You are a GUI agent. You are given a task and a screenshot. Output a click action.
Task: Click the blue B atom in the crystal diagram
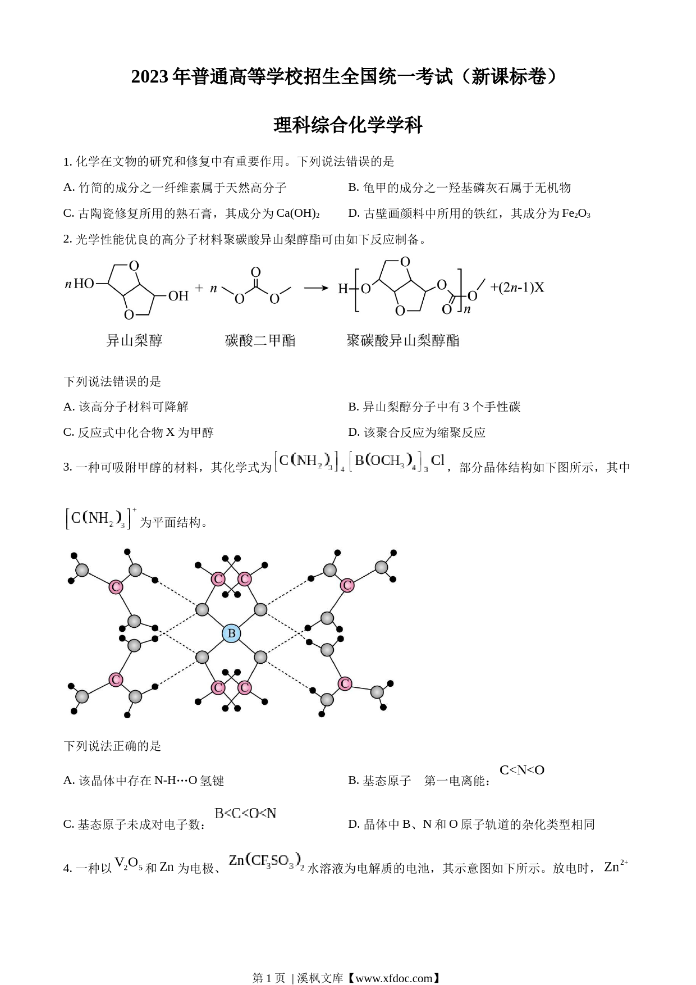point(231,633)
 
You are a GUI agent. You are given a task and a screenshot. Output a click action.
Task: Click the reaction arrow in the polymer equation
point(316,288)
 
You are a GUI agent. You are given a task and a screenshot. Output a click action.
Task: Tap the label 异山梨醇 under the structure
point(134,340)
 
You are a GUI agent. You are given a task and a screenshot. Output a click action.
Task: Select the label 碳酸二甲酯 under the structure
point(260,340)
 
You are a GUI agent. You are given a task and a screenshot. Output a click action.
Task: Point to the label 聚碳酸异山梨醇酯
point(403,340)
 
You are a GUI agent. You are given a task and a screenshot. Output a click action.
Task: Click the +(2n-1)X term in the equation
point(517,288)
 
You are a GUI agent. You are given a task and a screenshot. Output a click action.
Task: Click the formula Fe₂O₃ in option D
point(576,213)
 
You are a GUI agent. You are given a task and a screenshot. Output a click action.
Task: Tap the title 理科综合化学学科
point(348,125)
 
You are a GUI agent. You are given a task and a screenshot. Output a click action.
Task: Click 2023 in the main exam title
point(150,77)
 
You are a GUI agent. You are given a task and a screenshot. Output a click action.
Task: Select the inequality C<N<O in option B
point(522,770)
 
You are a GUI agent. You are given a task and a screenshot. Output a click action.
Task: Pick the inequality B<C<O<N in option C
point(245,813)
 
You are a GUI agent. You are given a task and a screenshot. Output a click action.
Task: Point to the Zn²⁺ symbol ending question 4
point(616,867)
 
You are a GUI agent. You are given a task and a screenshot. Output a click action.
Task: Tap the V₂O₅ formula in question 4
point(129,863)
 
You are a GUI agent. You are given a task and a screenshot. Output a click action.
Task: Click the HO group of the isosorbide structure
point(84,284)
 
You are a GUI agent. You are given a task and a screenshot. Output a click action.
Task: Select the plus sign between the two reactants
point(199,288)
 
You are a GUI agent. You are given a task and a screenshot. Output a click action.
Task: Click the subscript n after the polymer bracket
point(467,308)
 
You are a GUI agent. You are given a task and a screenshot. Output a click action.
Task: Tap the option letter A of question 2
point(69,407)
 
